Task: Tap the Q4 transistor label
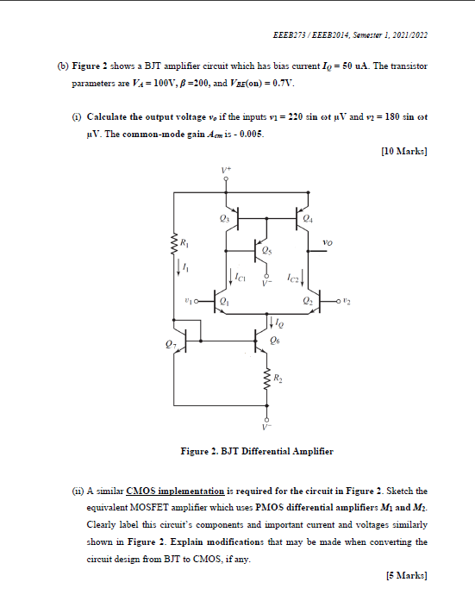pos(309,220)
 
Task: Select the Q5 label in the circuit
pos(272,252)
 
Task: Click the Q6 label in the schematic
pos(274,341)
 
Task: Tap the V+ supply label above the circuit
pos(227,171)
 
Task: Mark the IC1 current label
pos(241,278)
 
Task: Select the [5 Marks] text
pos(407,574)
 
